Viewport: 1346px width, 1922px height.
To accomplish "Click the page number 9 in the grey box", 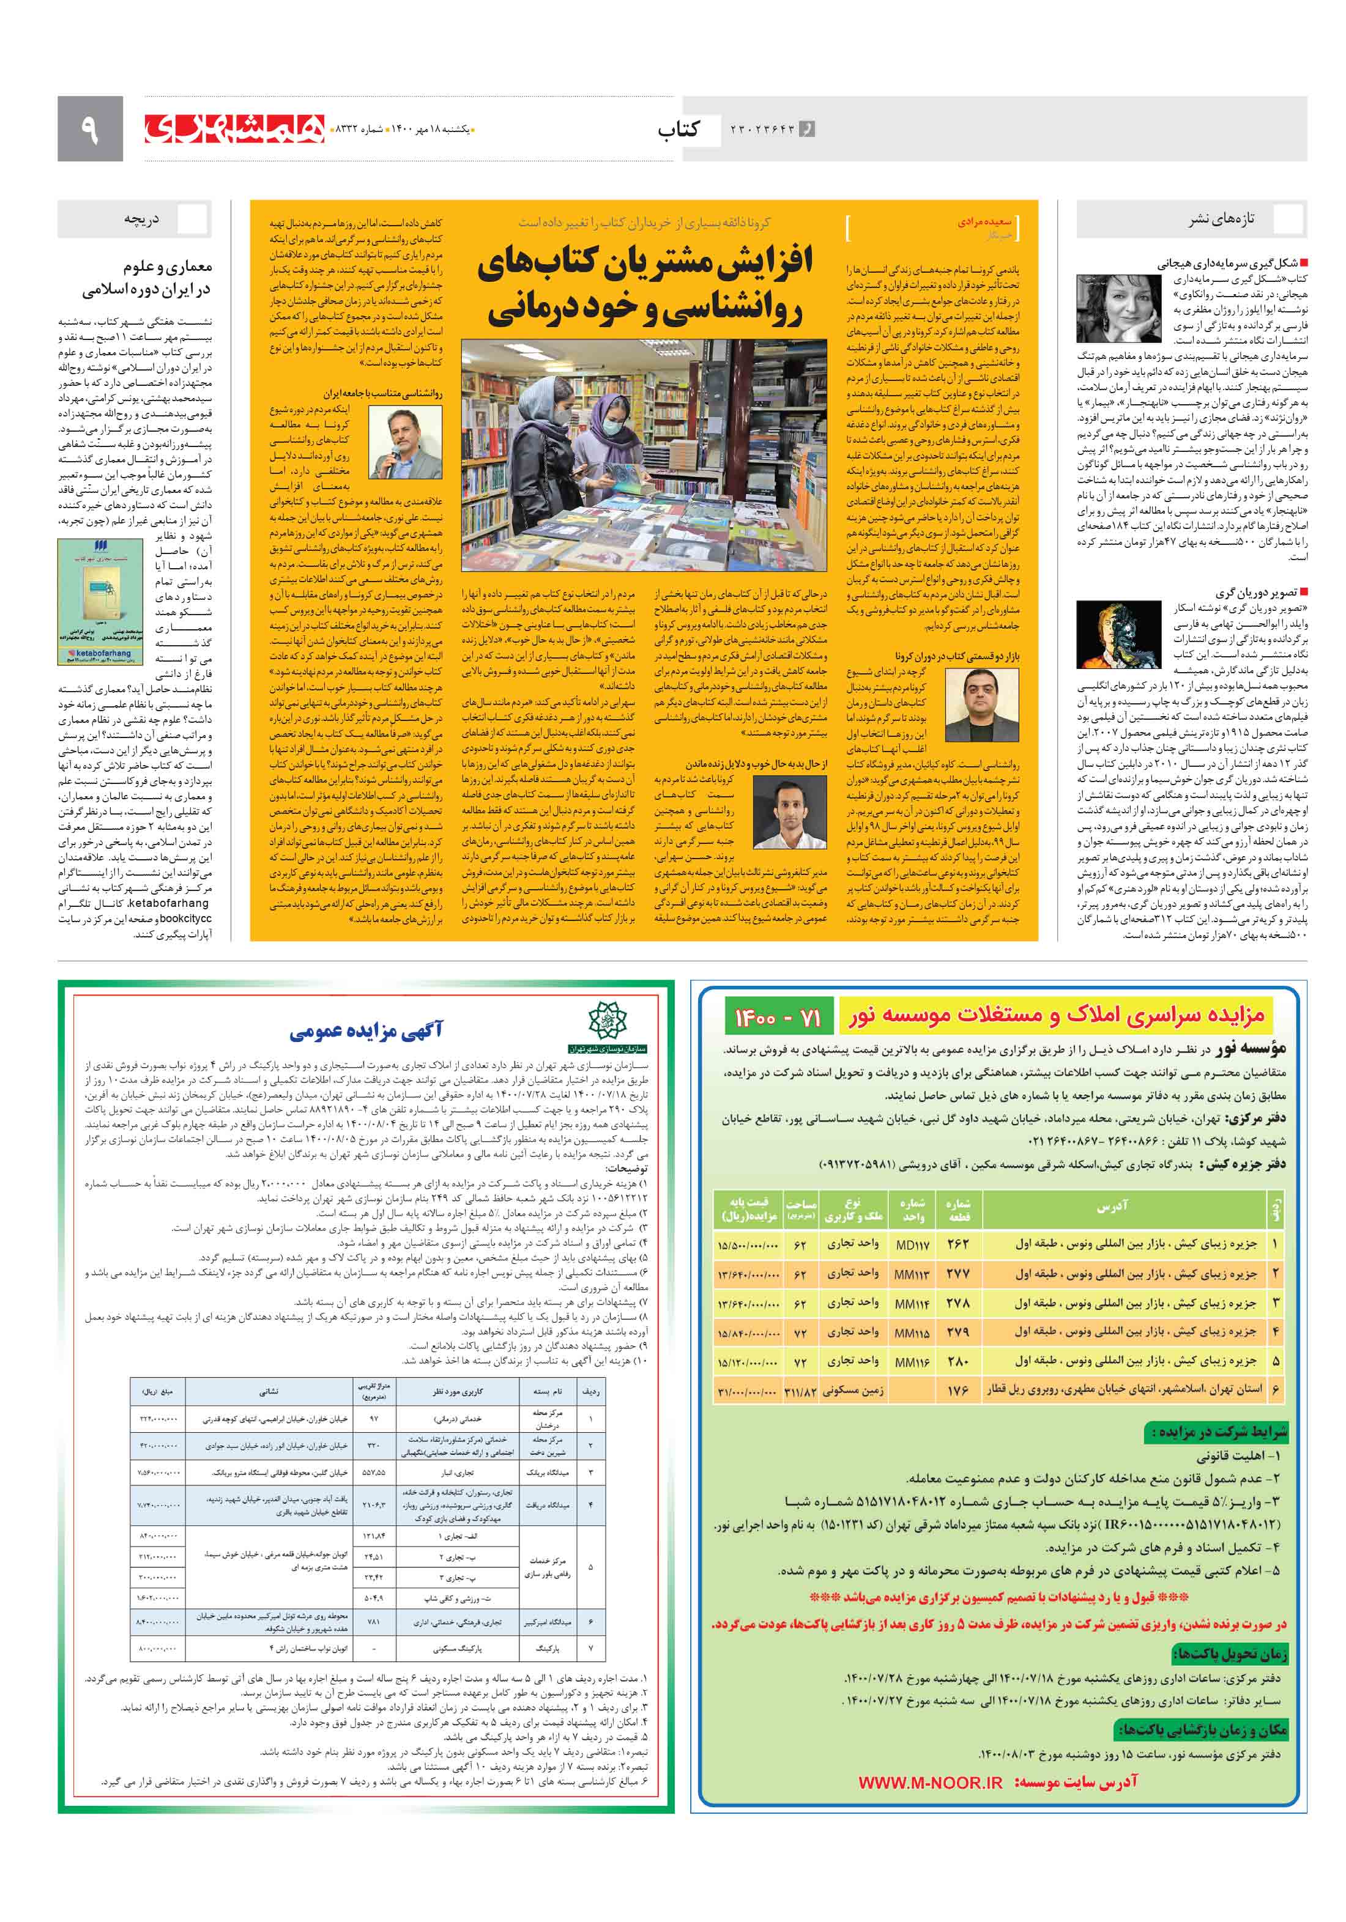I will click(x=89, y=129).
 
